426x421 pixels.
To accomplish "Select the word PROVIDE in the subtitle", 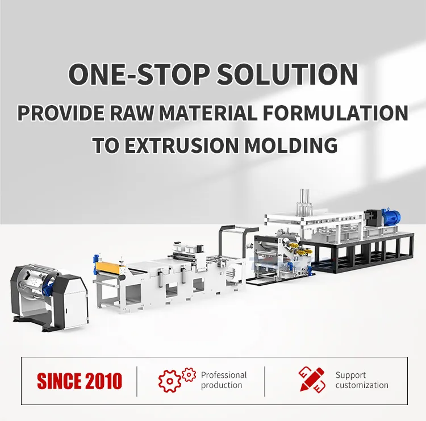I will [x=57, y=112].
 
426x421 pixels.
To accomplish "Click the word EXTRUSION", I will [x=184, y=145].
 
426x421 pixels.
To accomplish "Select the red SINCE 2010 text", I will [x=80, y=381].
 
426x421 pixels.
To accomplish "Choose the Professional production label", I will [x=224, y=380].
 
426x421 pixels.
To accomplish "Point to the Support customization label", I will [x=362, y=380].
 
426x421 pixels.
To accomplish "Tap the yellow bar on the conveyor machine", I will [x=108, y=266].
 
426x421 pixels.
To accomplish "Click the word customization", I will [x=362, y=385].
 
